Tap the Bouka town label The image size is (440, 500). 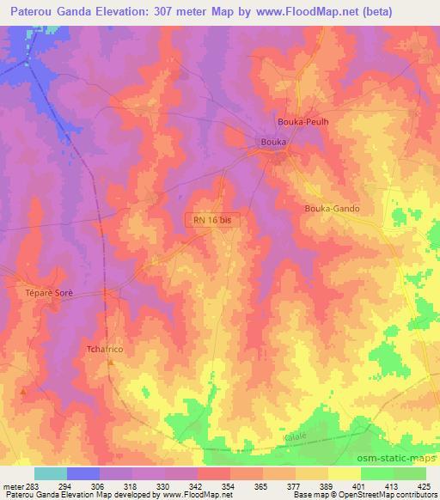(272, 142)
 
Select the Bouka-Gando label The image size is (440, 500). (332, 209)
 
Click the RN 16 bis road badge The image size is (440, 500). (212, 220)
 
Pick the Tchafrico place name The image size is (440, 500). (107, 349)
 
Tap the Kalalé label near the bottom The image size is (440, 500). (295, 437)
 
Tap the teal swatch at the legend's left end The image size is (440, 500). (51, 473)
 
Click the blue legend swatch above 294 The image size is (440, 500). (83, 473)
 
